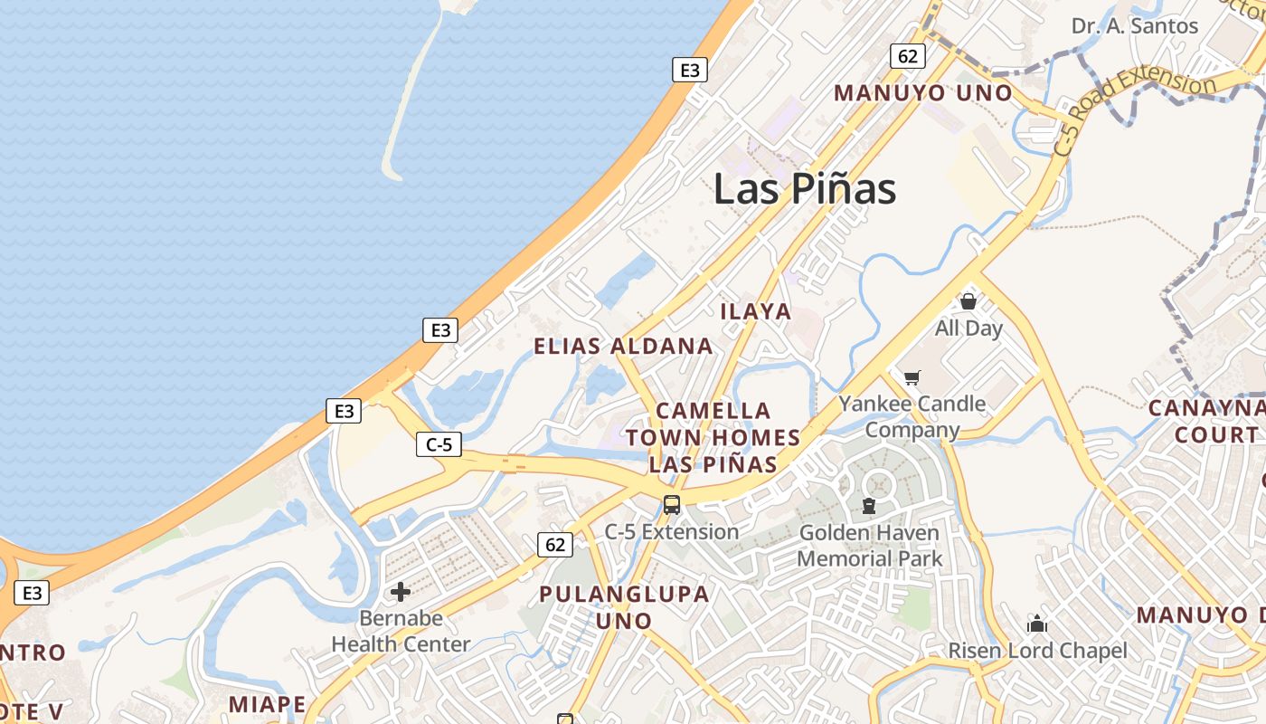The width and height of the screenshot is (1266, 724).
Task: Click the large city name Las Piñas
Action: point(804,189)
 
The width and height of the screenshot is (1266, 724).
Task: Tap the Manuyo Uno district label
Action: point(923,93)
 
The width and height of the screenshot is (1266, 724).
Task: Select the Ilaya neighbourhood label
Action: point(756,311)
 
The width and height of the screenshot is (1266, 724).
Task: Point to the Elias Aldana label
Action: point(623,346)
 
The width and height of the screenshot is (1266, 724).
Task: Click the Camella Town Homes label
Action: point(713,438)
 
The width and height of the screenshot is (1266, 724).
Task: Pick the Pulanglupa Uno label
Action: point(624,607)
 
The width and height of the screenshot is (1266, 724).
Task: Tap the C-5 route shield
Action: point(439,444)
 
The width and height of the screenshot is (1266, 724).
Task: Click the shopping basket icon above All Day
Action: point(968,301)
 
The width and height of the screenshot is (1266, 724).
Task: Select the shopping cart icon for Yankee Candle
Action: point(912,377)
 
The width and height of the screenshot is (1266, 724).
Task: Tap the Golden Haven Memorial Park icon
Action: point(869,506)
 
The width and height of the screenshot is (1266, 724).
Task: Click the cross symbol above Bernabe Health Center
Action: point(401,593)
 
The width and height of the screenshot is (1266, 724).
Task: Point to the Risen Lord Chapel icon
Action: point(1037,624)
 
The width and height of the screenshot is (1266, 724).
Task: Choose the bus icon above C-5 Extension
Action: point(671,505)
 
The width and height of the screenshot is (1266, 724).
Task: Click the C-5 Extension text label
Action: point(671,532)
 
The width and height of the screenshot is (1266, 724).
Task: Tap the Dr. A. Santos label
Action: point(1135,25)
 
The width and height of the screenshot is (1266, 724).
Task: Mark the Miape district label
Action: point(267,704)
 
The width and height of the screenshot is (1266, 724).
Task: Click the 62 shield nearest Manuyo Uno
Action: point(908,56)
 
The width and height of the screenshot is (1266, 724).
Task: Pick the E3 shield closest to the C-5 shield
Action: point(344,411)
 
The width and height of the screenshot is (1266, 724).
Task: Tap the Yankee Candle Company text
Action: point(912,416)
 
